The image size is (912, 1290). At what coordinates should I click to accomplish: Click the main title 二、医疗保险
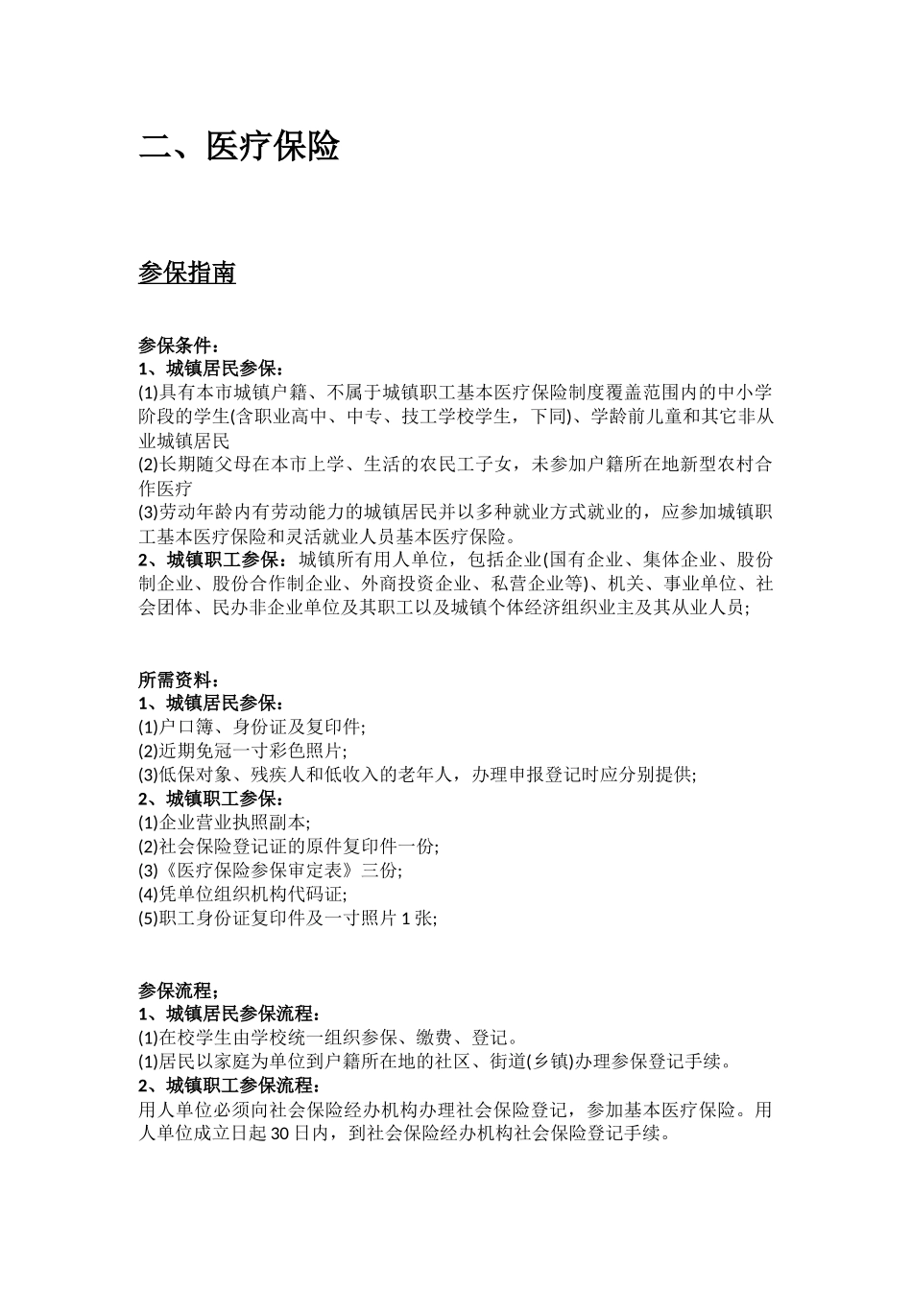239,147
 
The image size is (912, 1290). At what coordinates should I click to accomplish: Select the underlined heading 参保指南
187,274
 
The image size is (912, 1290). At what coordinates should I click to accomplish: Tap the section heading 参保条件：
180,346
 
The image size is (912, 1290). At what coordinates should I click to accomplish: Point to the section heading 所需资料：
180,680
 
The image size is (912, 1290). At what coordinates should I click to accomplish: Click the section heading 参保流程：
180,991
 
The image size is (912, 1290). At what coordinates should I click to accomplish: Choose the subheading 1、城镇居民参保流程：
229,1015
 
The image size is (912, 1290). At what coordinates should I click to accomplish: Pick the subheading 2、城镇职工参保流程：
229,1086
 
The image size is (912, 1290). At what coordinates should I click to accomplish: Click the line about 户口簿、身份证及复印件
252,728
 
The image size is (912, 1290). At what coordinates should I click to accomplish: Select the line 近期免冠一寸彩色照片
243,751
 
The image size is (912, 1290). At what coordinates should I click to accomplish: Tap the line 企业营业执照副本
225,823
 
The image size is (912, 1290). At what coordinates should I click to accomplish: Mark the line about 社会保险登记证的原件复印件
288,847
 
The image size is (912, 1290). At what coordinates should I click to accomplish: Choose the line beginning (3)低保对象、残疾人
418,775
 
